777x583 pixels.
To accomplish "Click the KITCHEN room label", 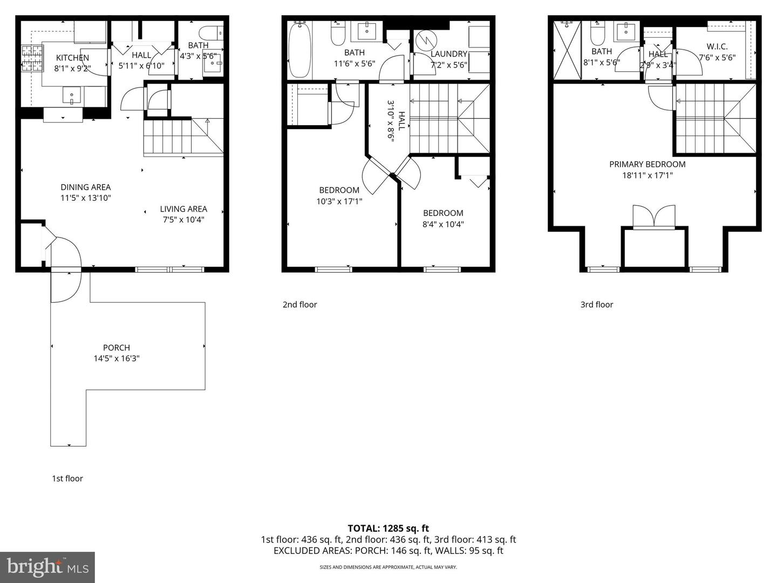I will pyautogui.click(x=72, y=58).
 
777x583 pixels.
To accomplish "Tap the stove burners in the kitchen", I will pyautogui.click(x=28, y=59).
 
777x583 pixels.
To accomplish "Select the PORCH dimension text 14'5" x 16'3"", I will pyautogui.click(x=117, y=358).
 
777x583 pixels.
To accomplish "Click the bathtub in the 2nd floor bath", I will pyautogui.click(x=299, y=50).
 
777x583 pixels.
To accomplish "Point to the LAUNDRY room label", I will pyautogui.click(x=449, y=54).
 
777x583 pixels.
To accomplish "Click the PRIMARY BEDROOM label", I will pyautogui.click(x=647, y=164).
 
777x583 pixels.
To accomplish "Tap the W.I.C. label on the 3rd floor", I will pyautogui.click(x=717, y=47).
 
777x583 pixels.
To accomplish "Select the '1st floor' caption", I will pyautogui.click(x=67, y=478).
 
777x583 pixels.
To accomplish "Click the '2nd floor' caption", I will pyautogui.click(x=300, y=304).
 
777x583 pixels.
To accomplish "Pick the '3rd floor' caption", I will pyautogui.click(x=597, y=304).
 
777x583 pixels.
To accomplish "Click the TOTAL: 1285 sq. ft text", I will pyautogui.click(x=388, y=528).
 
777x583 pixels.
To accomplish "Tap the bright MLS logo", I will pyautogui.click(x=47, y=567).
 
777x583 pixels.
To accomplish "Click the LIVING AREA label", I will pyautogui.click(x=183, y=209).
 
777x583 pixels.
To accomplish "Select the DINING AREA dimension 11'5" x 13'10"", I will pyautogui.click(x=86, y=198).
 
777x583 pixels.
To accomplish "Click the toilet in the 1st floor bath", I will pyautogui.click(x=210, y=32).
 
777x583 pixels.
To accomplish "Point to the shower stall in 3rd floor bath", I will pyautogui.click(x=565, y=50).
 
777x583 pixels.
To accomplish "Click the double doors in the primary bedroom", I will pyautogui.click(x=654, y=217).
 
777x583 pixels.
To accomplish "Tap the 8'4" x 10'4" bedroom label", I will pyautogui.click(x=443, y=224).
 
